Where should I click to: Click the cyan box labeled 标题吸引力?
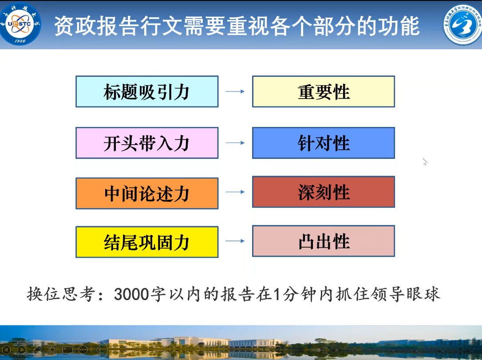coord(147,91)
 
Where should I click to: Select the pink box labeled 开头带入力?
coord(147,143)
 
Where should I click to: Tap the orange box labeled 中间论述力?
coord(147,194)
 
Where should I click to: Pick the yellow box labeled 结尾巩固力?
coord(147,242)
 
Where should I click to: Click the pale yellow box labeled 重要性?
coord(324,91)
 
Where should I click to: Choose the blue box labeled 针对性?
coord(324,143)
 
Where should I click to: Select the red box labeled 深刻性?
coord(324,192)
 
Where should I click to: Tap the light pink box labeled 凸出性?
coord(324,241)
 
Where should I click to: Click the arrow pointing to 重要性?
coord(235,91)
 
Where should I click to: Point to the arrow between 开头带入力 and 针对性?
coord(235,143)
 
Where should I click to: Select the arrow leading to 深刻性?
coord(235,192)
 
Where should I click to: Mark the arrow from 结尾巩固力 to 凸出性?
coord(235,241)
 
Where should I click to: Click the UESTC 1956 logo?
coord(20,24)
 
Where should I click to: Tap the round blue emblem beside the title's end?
coord(462,24)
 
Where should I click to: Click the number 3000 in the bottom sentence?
coord(131,294)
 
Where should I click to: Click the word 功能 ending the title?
coord(399,26)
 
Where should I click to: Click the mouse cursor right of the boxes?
coord(425,162)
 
